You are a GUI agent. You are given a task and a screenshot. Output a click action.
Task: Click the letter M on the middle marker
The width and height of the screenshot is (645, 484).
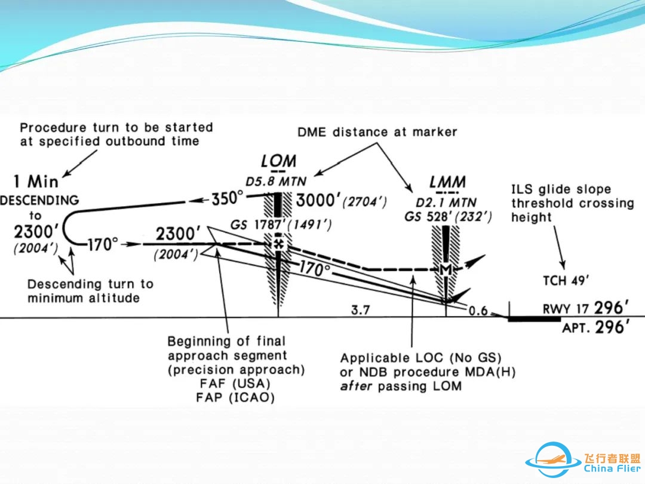(x=445, y=270)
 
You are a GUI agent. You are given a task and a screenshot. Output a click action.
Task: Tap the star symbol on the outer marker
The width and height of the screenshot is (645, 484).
(x=278, y=244)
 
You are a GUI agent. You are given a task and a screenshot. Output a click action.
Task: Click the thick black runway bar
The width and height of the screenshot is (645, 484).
(x=534, y=318)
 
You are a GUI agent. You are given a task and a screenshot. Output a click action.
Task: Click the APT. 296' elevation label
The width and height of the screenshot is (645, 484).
(x=595, y=327)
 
